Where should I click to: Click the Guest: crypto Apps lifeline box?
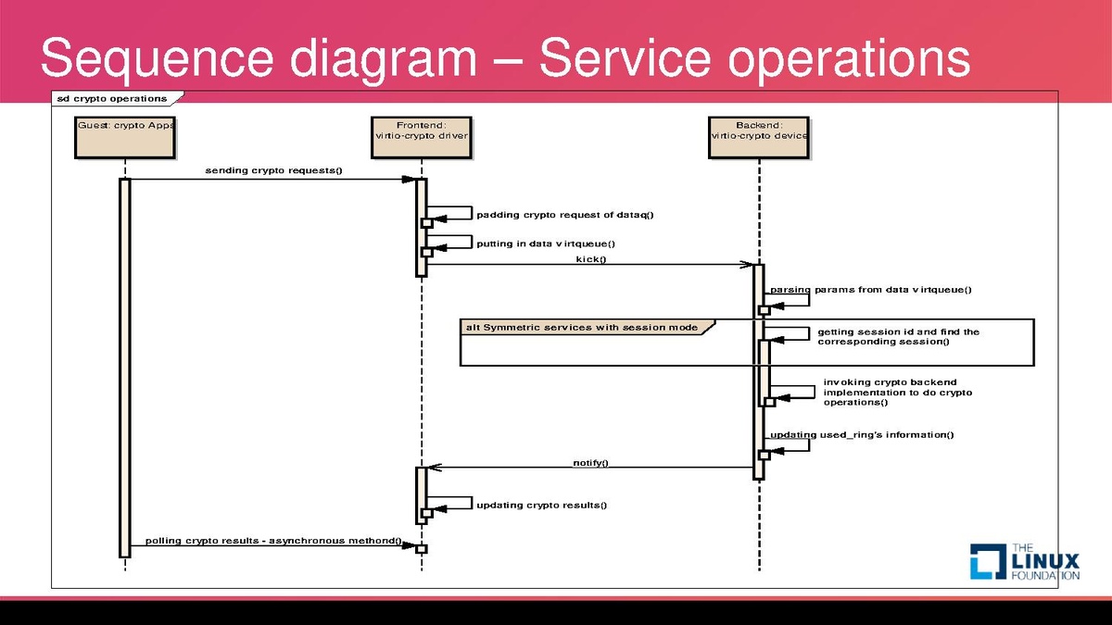(x=124, y=136)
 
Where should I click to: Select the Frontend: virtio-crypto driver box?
(x=422, y=136)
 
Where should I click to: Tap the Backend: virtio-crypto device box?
(x=759, y=136)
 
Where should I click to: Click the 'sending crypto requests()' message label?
(x=273, y=171)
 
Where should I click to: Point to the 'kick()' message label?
(x=590, y=259)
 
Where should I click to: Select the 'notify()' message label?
(x=590, y=462)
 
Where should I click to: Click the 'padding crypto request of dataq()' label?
(x=565, y=215)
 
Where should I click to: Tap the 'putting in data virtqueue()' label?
(x=546, y=244)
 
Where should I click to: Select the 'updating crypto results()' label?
(x=542, y=505)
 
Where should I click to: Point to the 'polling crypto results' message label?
(x=273, y=541)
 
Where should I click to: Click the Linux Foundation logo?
(x=1025, y=560)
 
